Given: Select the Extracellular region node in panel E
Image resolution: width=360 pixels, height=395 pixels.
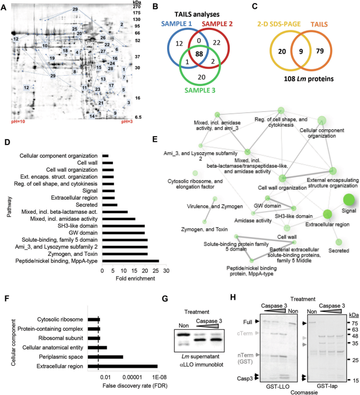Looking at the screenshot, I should pos(327,214).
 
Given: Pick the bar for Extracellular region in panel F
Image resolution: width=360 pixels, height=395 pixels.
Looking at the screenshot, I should pos(122,366).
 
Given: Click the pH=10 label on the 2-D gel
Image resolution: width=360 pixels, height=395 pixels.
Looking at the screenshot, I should pos(21,122).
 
